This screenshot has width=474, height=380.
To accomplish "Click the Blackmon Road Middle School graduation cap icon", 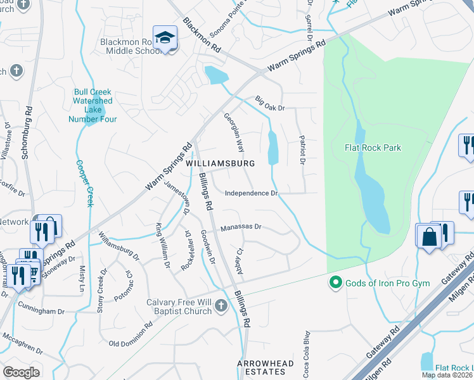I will click(165, 38).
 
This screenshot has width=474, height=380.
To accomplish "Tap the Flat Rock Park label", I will click(373, 148).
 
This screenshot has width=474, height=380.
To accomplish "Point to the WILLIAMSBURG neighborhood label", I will click(221, 163).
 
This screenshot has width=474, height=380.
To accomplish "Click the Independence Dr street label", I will click(252, 193).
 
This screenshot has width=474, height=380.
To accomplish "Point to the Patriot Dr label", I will click(302, 150).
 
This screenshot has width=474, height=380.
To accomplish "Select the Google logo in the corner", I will click(21, 372).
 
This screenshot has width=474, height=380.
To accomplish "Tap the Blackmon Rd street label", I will click(202, 34).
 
